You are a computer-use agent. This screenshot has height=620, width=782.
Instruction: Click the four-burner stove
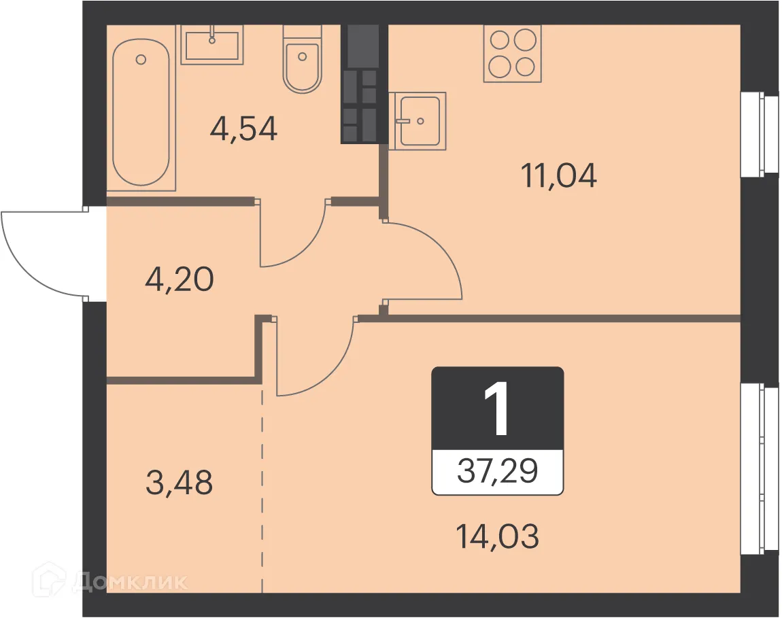512,54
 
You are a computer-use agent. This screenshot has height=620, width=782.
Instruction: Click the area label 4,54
243,128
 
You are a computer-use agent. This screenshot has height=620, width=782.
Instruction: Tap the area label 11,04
559,176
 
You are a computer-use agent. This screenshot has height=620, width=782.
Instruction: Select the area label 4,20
180,279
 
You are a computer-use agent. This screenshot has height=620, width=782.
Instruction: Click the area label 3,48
180,483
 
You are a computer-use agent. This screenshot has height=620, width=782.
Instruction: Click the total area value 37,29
498,471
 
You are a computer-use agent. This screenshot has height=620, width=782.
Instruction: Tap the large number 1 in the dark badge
497,409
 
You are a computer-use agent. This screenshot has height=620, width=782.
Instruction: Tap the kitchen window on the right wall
759,134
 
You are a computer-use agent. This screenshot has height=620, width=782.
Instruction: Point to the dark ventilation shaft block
363,84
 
